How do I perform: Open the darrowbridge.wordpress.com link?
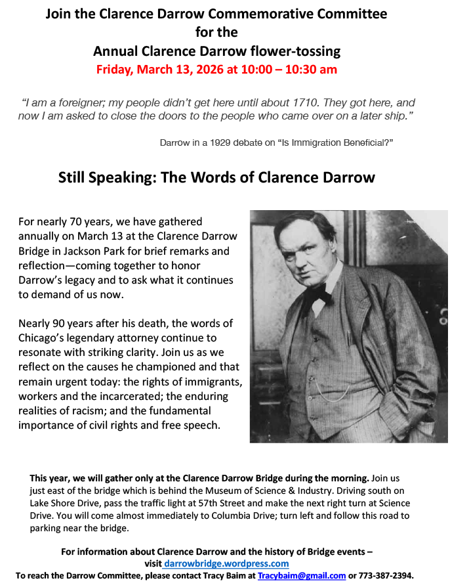click(226, 563)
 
